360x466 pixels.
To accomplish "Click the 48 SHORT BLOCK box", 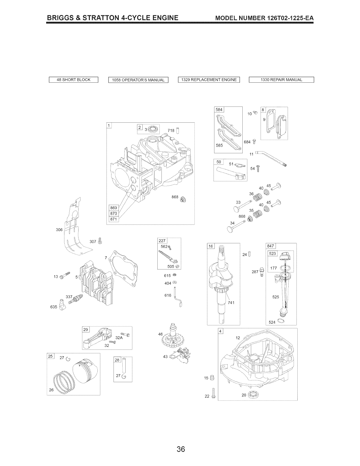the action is point(74,80).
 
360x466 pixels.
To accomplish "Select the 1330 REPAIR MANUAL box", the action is point(281,80).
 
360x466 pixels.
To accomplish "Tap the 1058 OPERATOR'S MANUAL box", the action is point(138,80).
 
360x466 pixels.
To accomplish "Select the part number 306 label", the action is point(59,230).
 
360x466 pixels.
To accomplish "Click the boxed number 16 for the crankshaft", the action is point(211,246).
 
